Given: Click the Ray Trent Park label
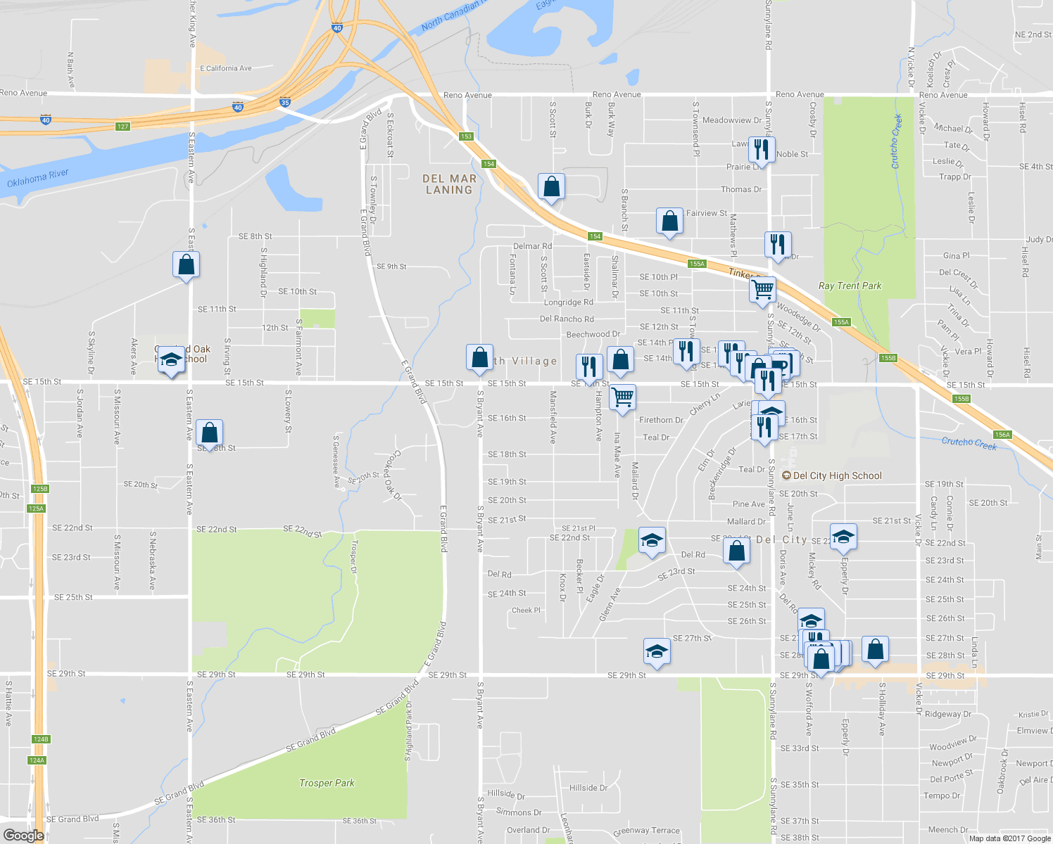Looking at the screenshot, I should point(850,286).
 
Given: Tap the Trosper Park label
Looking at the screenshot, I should point(327,783).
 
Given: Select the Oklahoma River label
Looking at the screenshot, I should point(38,179).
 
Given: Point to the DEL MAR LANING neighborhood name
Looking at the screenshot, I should point(449,184).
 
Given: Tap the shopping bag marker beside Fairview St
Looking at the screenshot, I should point(669,222).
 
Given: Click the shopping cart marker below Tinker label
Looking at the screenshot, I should point(762,290).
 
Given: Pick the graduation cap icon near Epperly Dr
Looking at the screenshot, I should point(843,538).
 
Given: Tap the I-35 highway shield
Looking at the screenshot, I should point(284,102).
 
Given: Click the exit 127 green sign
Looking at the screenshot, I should point(123,127).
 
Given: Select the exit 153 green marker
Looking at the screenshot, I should point(465,136).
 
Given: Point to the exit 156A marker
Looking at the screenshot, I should point(1002,435).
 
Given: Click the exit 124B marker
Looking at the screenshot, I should point(41,739).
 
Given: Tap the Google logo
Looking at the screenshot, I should point(23,836).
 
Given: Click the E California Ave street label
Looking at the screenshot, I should point(225,68).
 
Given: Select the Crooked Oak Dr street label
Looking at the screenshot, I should point(392,475).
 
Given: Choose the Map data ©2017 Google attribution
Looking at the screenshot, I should point(1009,838).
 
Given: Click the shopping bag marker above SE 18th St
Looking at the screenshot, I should point(209,433).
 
